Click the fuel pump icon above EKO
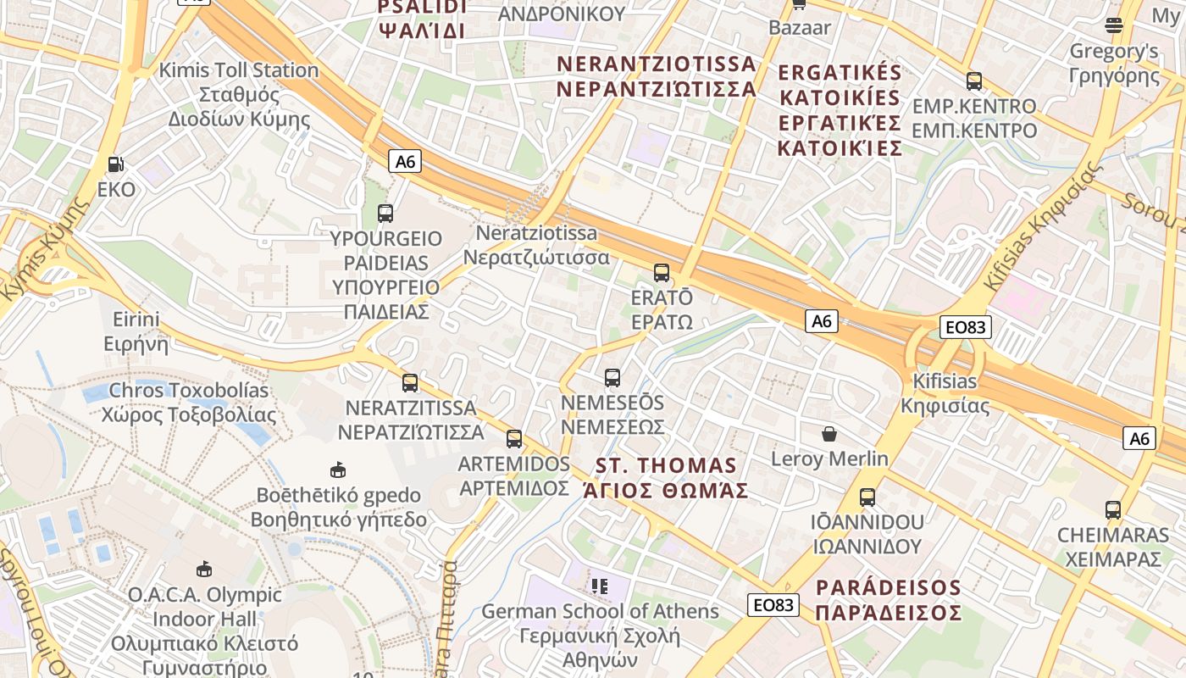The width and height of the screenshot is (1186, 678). point(116,164)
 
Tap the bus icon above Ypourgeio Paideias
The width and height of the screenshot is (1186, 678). point(385,213)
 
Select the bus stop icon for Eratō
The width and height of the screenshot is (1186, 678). point(662,273)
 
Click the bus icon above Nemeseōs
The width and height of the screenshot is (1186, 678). point(612,378)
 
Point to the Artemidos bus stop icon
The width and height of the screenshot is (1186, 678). point(514,439)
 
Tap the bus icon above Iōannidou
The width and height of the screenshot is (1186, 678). point(867,497)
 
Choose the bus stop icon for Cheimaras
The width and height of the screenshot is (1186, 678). point(1113,510)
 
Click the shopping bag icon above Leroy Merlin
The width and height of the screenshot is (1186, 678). point(829,434)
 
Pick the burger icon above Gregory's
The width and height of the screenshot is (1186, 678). point(1114,25)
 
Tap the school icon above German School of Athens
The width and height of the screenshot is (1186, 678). point(601,586)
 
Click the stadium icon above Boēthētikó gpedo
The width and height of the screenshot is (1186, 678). point(338,470)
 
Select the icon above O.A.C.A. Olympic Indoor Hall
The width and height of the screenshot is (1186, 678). point(204,569)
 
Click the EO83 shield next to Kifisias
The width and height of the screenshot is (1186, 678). point(965,327)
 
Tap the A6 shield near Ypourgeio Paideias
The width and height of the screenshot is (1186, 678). point(406,161)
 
